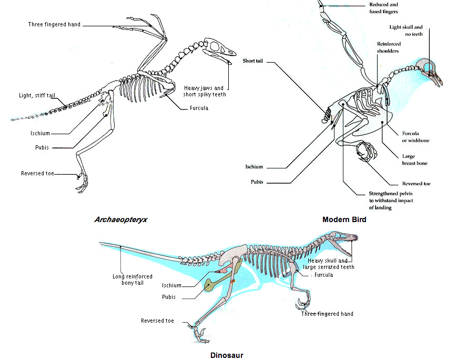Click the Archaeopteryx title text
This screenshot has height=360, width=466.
pyautogui.click(x=120, y=219)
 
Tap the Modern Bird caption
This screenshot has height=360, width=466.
pyautogui.click(x=344, y=219)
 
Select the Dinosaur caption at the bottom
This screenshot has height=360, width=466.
pyautogui.click(x=227, y=355)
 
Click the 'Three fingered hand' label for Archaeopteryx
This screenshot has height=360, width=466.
pyautogui.click(x=54, y=24)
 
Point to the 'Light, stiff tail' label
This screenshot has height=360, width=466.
pyautogui.click(x=37, y=95)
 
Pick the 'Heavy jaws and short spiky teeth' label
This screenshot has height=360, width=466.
pyautogui.click(x=205, y=91)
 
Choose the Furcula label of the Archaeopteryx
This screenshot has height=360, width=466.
pyautogui.click(x=199, y=108)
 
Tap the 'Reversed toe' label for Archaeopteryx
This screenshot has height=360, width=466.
pyautogui.click(x=37, y=173)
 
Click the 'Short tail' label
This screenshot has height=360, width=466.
pyautogui.click(x=252, y=61)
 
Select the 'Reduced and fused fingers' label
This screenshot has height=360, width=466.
pyautogui.click(x=383, y=8)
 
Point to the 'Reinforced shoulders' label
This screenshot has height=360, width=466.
pyautogui.click(x=389, y=47)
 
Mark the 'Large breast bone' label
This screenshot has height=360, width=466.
pyautogui.click(x=414, y=159)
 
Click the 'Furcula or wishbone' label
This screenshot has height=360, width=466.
pyautogui.click(x=416, y=137)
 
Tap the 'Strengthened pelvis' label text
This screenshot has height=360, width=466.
pyautogui.click(x=391, y=201)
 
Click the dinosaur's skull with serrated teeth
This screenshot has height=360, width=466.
pyautogui.click(x=342, y=242)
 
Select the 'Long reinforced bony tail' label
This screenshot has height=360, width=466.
pyautogui.click(x=133, y=279)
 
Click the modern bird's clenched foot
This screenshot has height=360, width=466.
pyautogui.click(x=367, y=152)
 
